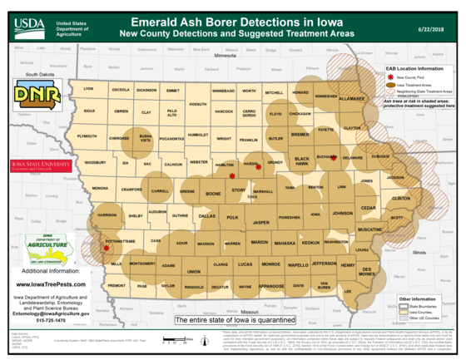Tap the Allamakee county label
point(351,98)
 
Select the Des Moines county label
point(367,271)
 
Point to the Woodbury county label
point(96,163)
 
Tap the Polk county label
point(232,217)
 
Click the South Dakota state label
point(39,74)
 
